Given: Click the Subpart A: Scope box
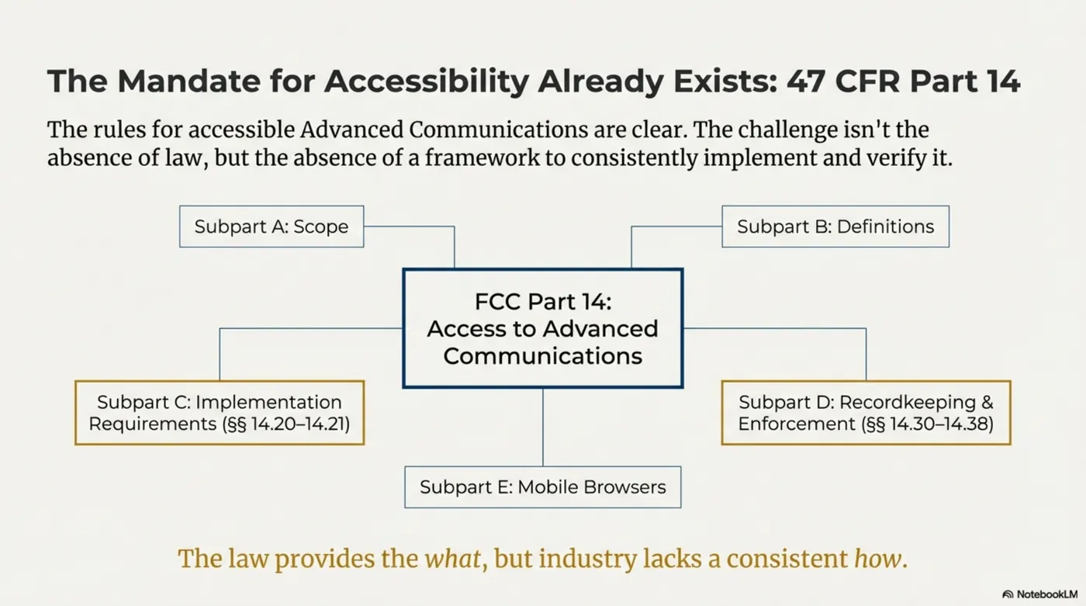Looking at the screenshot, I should [x=271, y=227].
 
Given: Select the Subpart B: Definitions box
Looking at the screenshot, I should [x=835, y=227].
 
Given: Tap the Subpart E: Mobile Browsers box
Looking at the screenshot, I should [x=542, y=487].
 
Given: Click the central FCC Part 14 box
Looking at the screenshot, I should [x=542, y=328].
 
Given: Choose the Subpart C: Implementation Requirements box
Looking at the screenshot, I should [x=220, y=413].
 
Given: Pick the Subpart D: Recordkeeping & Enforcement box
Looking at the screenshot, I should [x=866, y=413].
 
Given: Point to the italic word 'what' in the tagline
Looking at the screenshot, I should [x=452, y=559].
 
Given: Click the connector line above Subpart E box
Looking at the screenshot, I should [x=542, y=427].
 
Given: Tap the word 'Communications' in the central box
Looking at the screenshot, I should [x=542, y=356].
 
